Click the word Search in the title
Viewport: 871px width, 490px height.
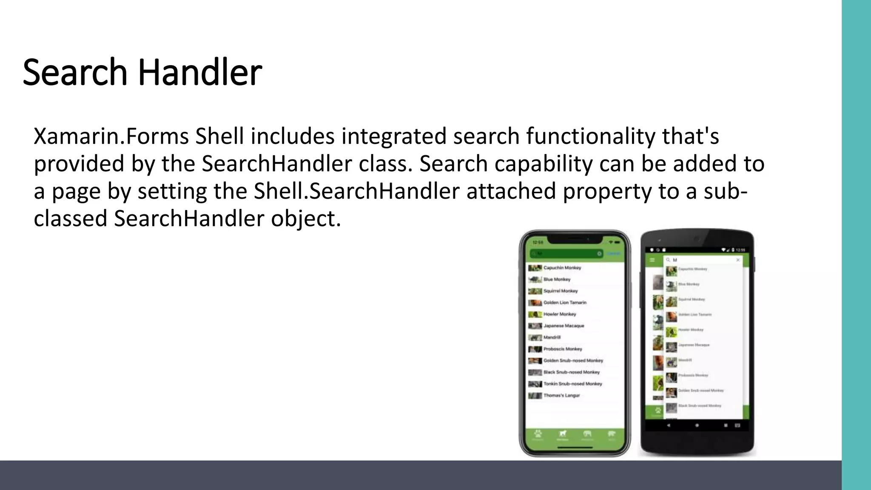point(75,72)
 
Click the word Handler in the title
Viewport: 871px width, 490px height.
point(200,72)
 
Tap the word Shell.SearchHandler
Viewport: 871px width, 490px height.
point(356,191)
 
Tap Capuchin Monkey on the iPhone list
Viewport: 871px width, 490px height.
point(562,268)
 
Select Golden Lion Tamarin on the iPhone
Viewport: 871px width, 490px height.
point(565,302)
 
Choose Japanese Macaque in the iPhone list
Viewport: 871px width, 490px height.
point(564,326)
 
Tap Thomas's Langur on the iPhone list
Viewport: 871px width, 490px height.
point(561,395)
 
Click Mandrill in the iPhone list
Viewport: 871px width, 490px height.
point(552,337)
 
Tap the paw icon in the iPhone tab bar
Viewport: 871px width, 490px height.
point(538,434)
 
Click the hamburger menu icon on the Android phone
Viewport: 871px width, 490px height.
point(652,260)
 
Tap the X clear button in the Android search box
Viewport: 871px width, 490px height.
point(738,260)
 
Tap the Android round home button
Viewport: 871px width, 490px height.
point(697,425)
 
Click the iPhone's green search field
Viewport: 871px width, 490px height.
point(566,254)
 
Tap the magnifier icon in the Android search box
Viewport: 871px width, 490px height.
point(668,260)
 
